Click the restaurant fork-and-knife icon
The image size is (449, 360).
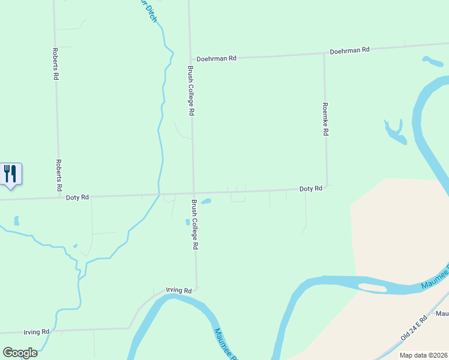pyautogui.click(x=10, y=174)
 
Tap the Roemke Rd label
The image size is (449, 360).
pyautogui.click(x=325, y=119)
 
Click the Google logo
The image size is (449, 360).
pyautogui.click(x=20, y=352)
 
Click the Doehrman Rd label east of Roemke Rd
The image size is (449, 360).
pyautogui.click(x=349, y=51)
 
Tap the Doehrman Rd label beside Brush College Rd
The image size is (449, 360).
pyautogui.click(x=217, y=58)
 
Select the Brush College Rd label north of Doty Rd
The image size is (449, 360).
pyautogui.click(x=190, y=91)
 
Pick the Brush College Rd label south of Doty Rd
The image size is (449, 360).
pyautogui.click(x=194, y=224)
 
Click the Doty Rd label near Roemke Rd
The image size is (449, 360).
pyautogui.click(x=311, y=188)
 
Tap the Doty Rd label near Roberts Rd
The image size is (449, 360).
pyautogui.click(x=77, y=197)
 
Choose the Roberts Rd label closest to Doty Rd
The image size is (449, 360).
pyautogui.click(x=59, y=175)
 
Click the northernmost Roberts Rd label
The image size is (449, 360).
pyautogui.click(x=55, y=64)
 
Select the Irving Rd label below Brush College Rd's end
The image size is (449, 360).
pyautogui.click(x=178, y=290)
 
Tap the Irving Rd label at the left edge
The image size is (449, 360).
pyautogui.click(x=36, y=332)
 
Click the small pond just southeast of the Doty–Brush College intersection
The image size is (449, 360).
pyautogui.click(x=206, y=201)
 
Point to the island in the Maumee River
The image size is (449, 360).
pyautogui.click(x=372, y=287)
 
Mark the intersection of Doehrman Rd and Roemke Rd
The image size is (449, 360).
pyautogui.click(x=325, y=53)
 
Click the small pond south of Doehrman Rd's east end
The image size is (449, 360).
pyautogui.click(x=432, y=61)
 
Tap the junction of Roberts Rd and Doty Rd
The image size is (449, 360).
pyautogui.click(x=59, y=197)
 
